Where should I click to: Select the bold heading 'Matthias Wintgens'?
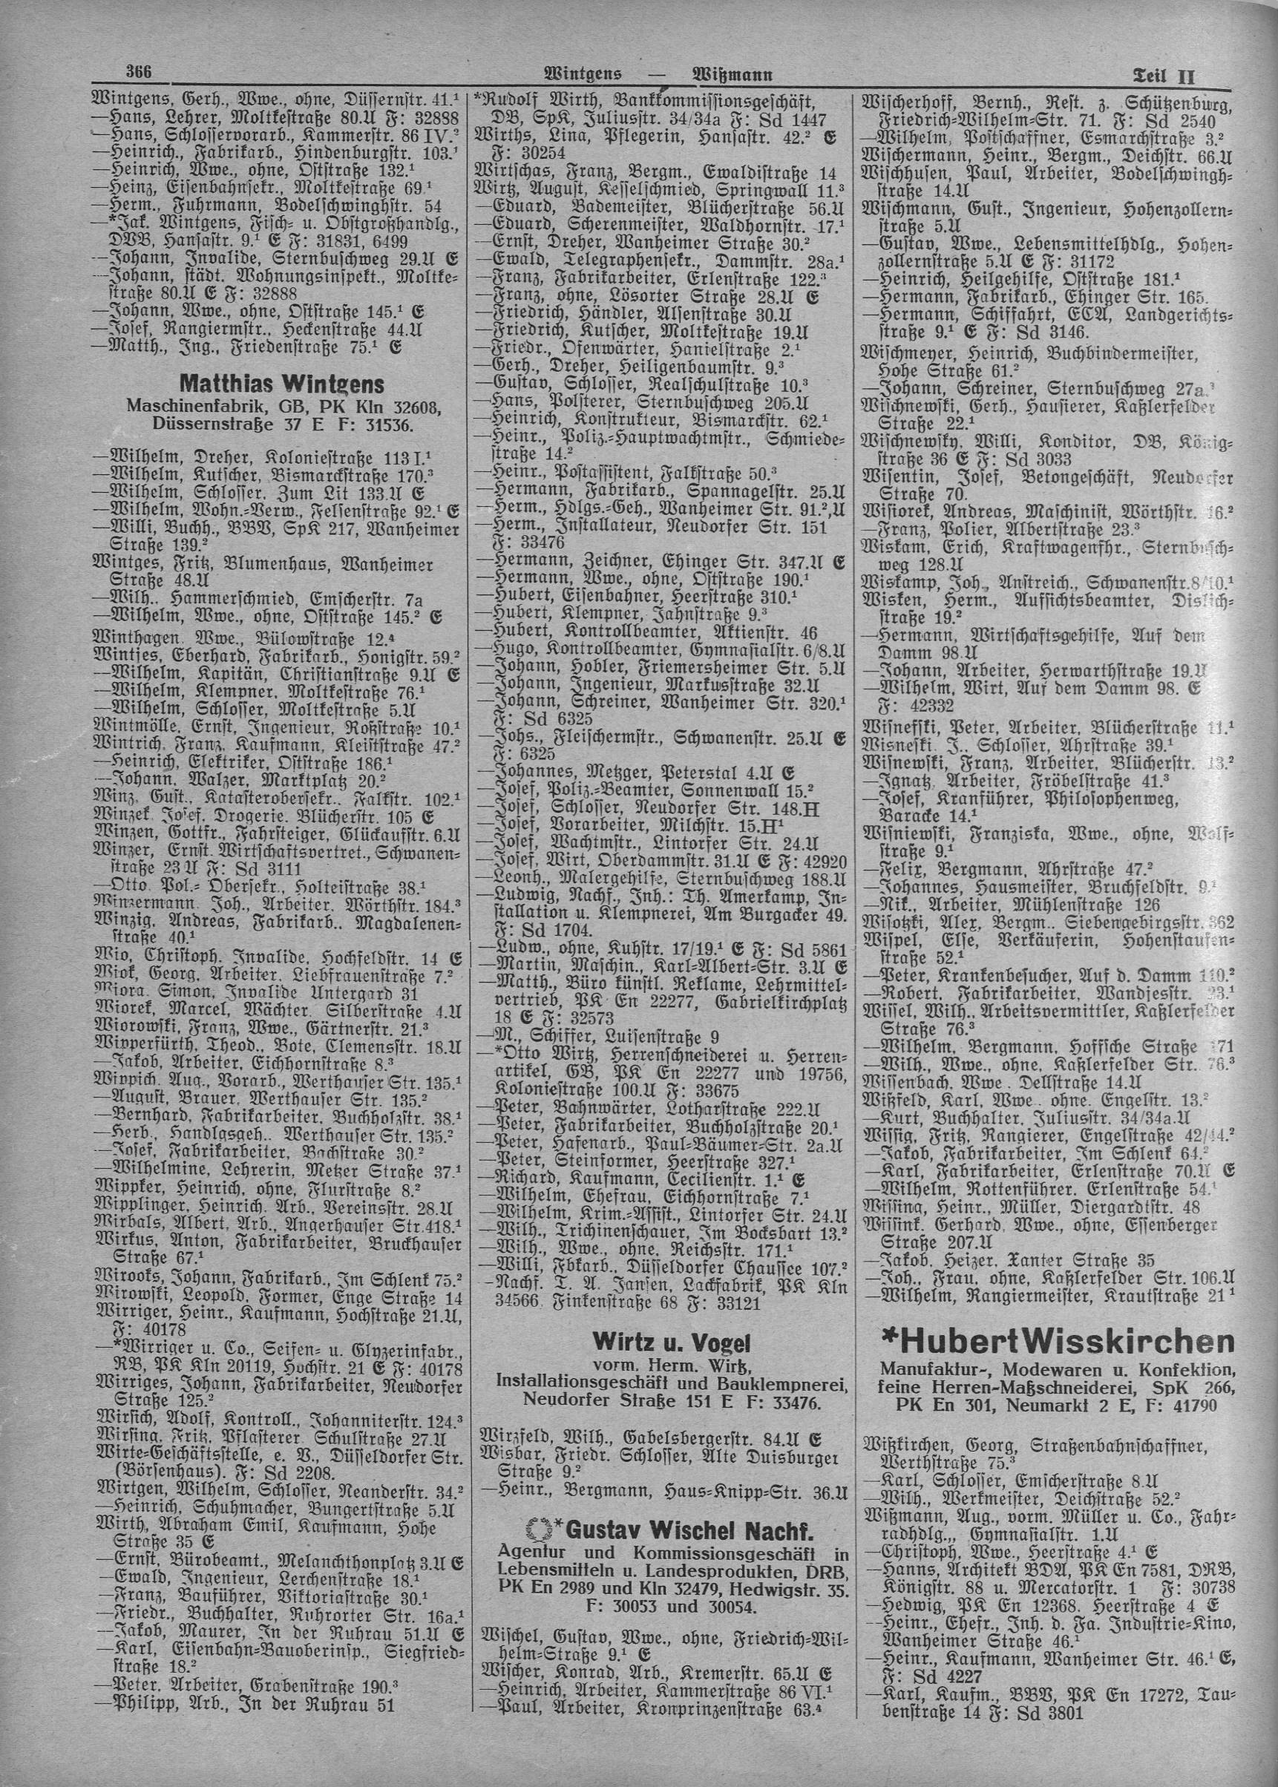[x=282, y=384]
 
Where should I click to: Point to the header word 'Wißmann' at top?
[x=731, y=76]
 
